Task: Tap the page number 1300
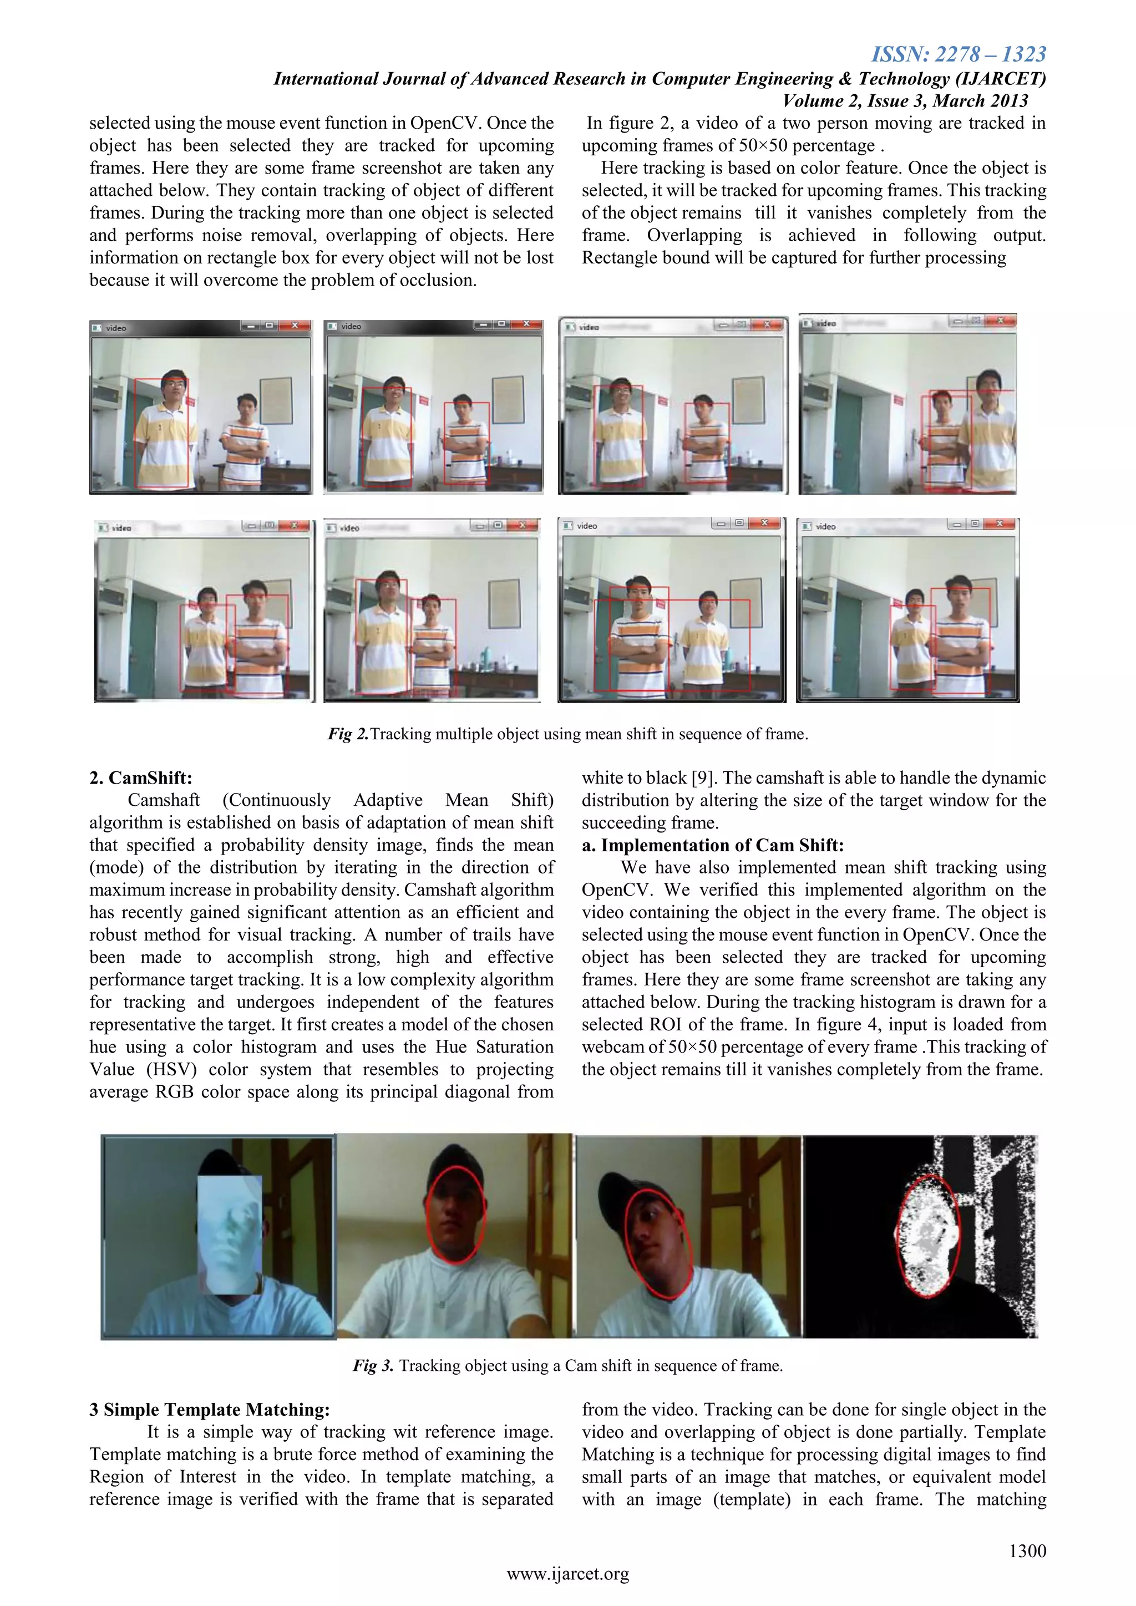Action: (1027, 1551)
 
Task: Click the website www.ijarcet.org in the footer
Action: (567, 1574)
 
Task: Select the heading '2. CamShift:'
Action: (140, 778)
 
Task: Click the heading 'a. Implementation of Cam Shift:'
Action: (712, 845)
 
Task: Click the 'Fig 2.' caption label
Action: (348, 734)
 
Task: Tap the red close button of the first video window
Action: (295, 326)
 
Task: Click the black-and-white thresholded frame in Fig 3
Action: (919, 1237)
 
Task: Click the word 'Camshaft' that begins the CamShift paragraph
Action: (163, 800)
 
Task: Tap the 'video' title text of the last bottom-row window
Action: (825, 527)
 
